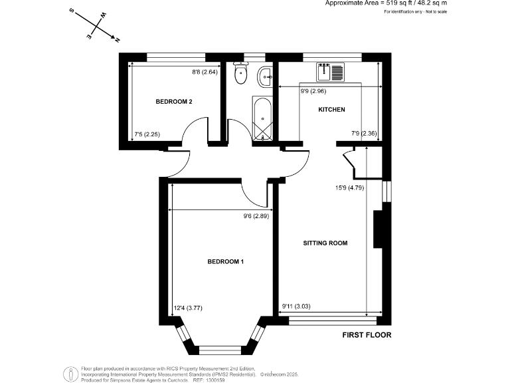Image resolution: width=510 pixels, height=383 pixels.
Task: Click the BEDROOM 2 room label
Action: point(174,102)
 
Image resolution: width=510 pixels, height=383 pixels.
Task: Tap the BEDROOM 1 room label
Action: point(226,262)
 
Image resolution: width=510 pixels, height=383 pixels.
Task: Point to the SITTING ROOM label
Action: point(325,243)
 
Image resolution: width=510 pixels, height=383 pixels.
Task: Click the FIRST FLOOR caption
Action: point(367,335)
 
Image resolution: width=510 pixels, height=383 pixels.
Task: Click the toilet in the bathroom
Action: point(240,76)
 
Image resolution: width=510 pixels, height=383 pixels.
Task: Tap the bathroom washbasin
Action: point(266,77)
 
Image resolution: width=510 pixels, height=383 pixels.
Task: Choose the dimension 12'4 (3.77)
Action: point(188,307)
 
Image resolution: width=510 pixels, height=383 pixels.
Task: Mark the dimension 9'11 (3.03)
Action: point(296,307)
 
